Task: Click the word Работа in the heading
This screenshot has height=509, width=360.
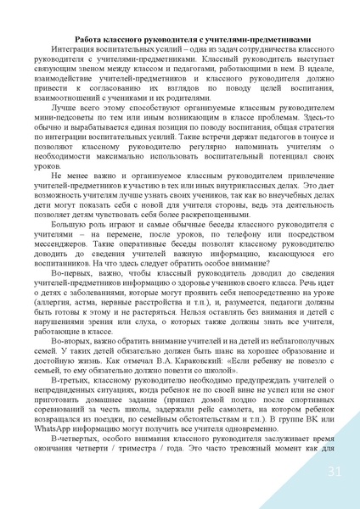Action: pos(89,39)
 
